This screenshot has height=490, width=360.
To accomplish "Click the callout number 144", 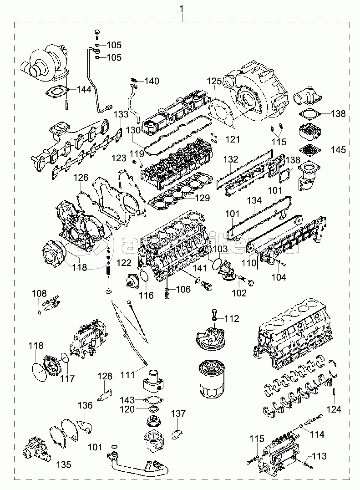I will tap(84, 89).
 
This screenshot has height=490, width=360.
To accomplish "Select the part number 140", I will tap(152, 82).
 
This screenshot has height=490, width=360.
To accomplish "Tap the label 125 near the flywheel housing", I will tap(215, 82).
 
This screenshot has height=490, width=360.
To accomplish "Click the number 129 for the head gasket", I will tap(203, 198).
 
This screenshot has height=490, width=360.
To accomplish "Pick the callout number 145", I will tap(338, 149).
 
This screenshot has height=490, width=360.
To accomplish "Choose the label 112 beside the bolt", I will tap(232, 319).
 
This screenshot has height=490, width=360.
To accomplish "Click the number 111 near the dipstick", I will tap(128, 374).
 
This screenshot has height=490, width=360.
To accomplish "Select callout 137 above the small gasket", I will tap(178, 413).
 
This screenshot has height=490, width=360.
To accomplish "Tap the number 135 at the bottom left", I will tap(64, 464).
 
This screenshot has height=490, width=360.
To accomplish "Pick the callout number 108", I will tap(36, 294).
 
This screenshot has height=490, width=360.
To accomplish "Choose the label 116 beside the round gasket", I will tap(146, 296).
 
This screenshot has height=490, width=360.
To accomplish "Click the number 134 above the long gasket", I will tap(254, 200).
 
